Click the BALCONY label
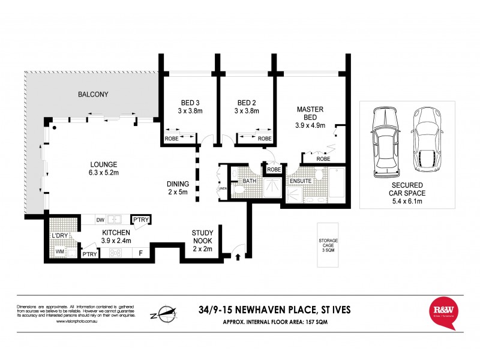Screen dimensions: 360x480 pos(92,94)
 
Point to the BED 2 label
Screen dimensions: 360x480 pos(247,102)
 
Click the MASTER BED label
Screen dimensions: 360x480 pos(310,109)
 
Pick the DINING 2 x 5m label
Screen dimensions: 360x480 pos(178,184)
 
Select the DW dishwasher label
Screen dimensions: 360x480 pos(100,220)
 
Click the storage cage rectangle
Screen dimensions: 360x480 pos(328,245)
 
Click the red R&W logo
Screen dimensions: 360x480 pos(445,312)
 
